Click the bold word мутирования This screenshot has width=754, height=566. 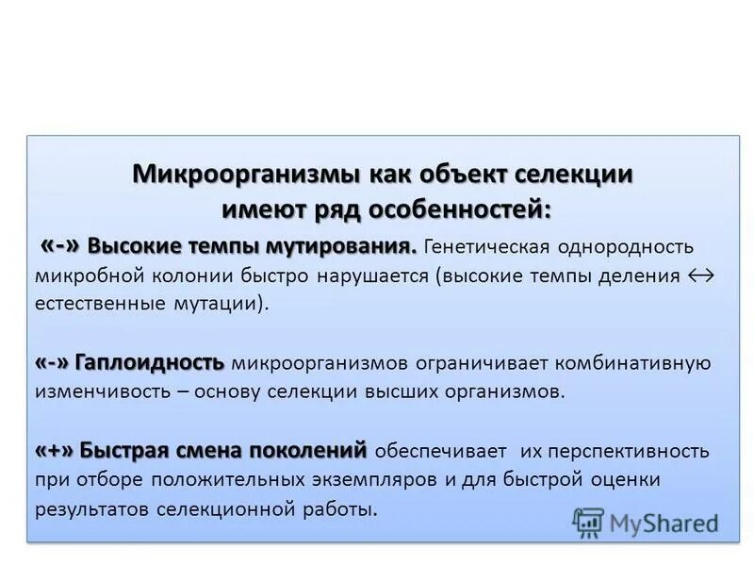tap(343, 246)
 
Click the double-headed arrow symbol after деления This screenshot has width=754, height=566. tap(701, 276)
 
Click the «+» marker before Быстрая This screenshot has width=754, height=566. tap(56, 450)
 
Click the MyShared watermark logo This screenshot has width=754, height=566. tap(647, 522)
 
